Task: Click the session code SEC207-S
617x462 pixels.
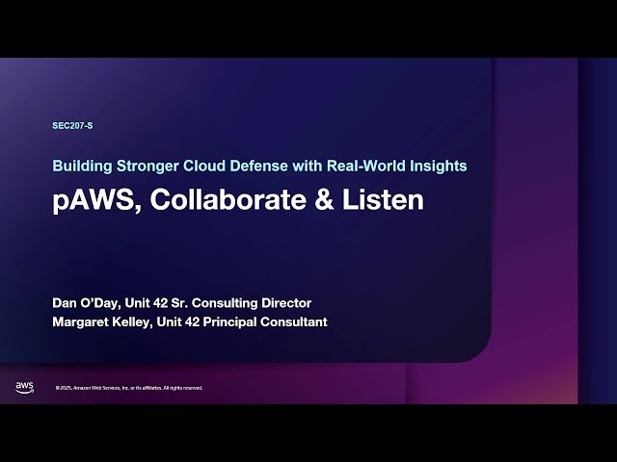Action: (72, 126)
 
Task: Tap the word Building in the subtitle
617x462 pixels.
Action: (80, 166)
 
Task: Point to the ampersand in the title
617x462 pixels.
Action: (327, 200)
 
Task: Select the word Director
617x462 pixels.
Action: (286, 303)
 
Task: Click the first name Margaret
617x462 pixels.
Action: (83, 321)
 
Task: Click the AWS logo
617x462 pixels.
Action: (24, 387)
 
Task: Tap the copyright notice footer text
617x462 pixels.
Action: (128, 388)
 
